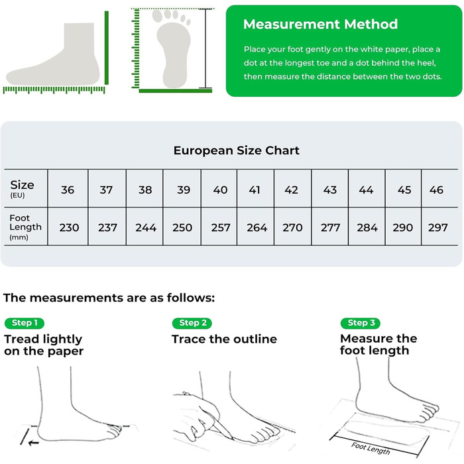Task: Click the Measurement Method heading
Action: point(320,25)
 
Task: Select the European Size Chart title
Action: point(236,150)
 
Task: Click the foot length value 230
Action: point(69,227)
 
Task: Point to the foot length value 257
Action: point(221,227)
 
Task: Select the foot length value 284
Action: point(367,227)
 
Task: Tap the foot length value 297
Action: point(437,227)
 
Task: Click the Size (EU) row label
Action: point(22,188)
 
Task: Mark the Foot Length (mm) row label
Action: point(25,227)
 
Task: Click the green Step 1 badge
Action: point(25,323)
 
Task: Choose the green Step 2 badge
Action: point(192,323)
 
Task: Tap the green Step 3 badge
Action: point(361,323)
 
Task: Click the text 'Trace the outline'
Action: point(224,339)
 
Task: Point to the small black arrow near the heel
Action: point(33,443)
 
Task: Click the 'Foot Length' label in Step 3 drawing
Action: point(371,448)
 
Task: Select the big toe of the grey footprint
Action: point(157,16)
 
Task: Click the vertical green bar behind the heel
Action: point(107,48)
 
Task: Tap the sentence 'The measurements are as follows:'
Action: point(109,298)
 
